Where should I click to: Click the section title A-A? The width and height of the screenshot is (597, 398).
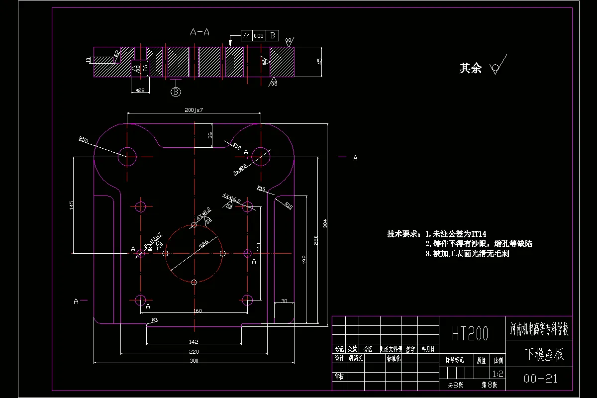pos(199,32)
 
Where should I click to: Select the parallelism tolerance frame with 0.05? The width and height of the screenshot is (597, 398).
pos(260,36)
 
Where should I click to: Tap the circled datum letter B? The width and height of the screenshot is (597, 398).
pos(176,92)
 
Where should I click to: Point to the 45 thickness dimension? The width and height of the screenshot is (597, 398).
pos(319,61)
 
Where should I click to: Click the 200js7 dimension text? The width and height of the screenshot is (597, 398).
pos(195,109)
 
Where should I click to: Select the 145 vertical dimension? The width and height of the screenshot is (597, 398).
pos(72,204)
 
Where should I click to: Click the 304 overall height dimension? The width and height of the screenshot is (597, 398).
pos(325,224)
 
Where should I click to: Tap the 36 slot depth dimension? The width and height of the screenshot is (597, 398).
pos(210,135)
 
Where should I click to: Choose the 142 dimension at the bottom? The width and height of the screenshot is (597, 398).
pos(194,341)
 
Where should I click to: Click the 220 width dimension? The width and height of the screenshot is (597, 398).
pos(194,352)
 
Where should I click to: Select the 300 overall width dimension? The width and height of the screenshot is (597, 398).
pos(194,361)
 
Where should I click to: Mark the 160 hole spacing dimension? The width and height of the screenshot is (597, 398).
pos(197,311)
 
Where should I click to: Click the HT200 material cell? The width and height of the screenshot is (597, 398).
pos(470,333)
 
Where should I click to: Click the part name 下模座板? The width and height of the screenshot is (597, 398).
pos(545,355)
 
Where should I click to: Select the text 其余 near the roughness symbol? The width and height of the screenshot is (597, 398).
pos(470,69)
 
